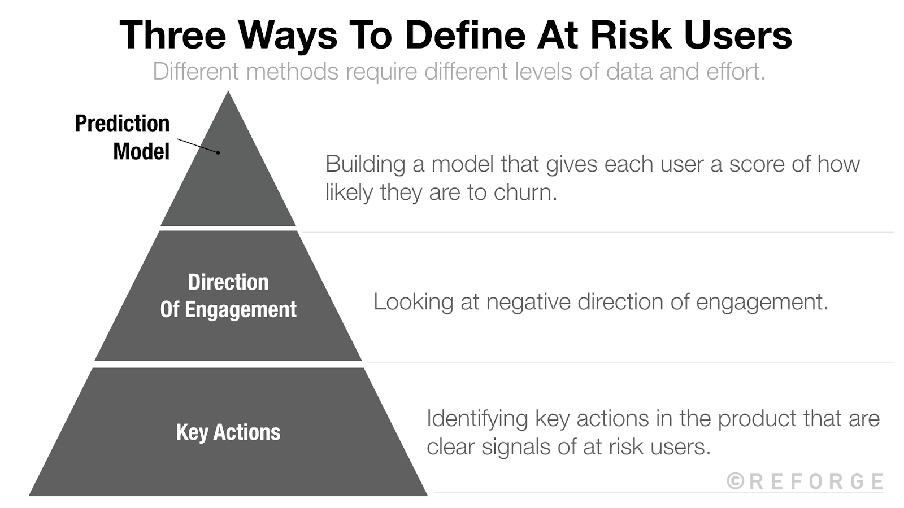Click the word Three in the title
click(x=173, y=35)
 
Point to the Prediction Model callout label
click(x=123, y=137)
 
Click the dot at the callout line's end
click(x=218, y=152)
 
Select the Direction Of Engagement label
click(x=228, y=295)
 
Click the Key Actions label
click(x=228, y=432)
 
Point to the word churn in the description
click(x=525, y=192)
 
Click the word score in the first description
click(x=752, y=164)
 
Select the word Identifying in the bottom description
click(x=477, y=419)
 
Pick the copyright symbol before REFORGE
click(x=735, y=481)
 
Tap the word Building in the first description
click(x=365, y=164)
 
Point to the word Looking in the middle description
click(x=413, y=302)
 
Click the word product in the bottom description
click(x=757, y=419)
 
